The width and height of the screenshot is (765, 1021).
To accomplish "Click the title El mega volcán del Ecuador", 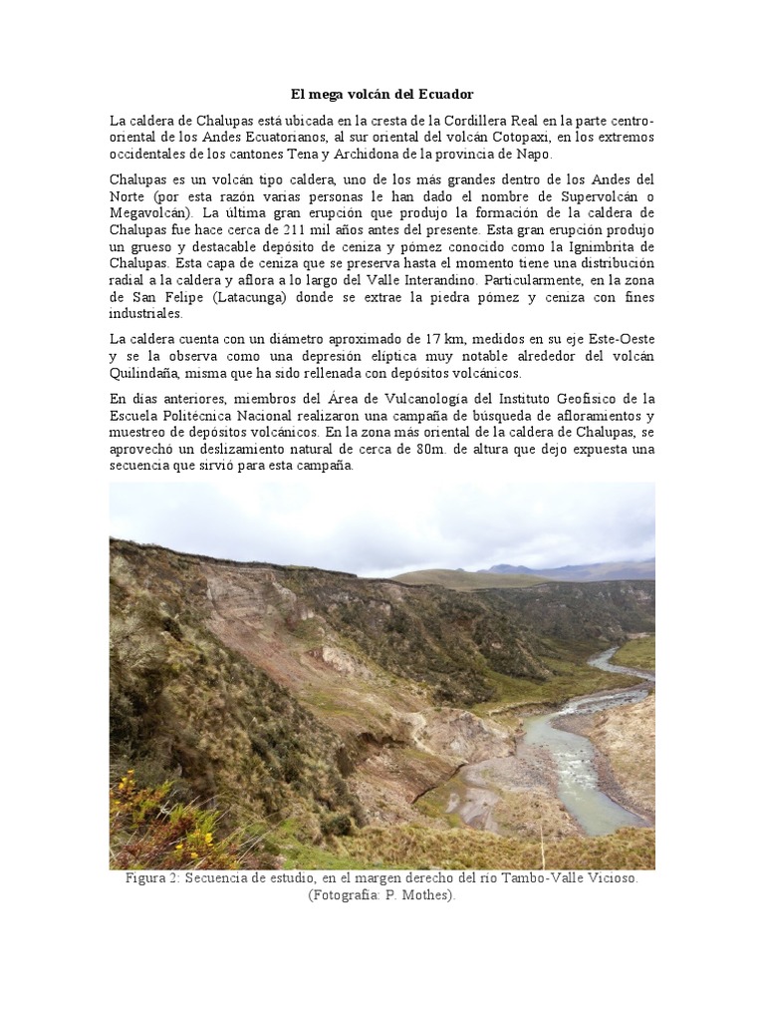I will [382, 95].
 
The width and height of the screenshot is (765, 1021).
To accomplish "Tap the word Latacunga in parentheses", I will [240, 297].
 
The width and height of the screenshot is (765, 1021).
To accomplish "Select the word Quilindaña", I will [148, 374].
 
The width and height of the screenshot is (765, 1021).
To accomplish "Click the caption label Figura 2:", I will [151, 878].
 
